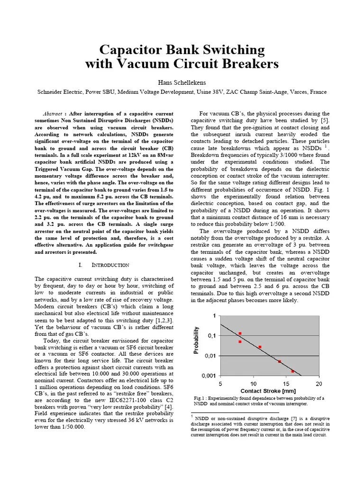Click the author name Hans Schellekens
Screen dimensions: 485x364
pos(182,82)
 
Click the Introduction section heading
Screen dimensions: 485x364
pos(107,265)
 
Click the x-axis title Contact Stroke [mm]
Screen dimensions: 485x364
pos(268,391)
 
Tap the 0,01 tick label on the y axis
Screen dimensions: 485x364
pos(209,355)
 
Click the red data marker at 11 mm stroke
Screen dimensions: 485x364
pos(260,347)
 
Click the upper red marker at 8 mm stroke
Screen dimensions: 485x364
pos(240,333)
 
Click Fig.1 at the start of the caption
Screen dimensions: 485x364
pos(200,398)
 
